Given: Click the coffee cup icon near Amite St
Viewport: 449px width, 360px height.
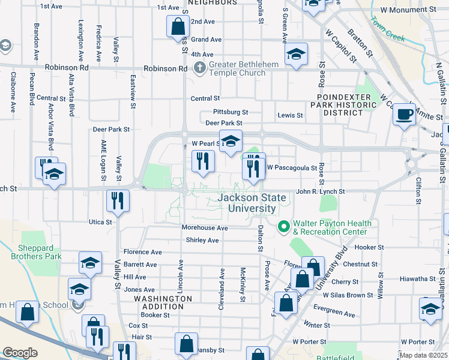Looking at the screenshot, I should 405,113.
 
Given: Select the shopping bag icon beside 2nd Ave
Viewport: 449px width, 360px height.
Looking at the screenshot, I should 178,26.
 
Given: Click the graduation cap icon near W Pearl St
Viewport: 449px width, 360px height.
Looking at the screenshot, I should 231,142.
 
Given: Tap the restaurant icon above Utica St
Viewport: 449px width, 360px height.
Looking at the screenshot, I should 118,200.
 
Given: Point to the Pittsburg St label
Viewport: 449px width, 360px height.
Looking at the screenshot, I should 231,112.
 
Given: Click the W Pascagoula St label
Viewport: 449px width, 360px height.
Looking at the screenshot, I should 291,168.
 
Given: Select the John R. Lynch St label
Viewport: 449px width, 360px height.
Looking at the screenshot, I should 320,191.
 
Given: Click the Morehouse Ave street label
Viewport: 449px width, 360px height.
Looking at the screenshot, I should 205,228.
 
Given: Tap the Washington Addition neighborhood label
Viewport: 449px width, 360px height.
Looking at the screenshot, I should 163,302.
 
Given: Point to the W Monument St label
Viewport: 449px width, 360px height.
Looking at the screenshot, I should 408,11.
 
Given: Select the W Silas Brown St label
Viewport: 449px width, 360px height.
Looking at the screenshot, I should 348,295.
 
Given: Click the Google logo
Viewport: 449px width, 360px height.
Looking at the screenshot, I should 20,353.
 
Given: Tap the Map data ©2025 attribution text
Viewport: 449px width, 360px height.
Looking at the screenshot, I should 424,355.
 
